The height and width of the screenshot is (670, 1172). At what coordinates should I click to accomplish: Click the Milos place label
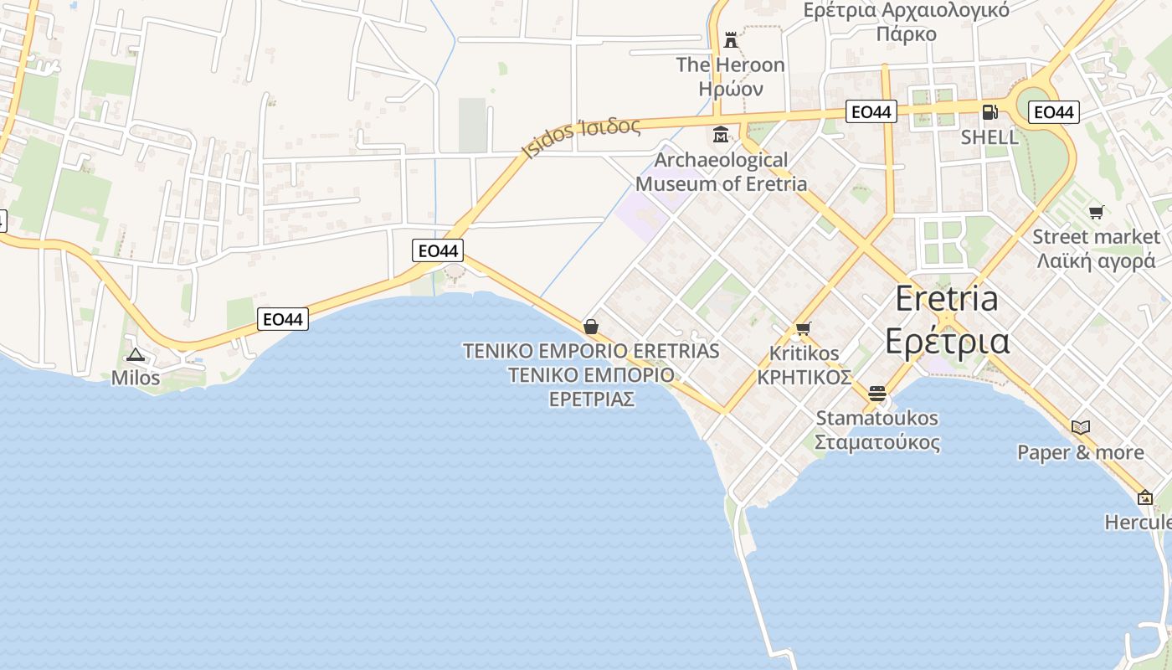pos(136,378)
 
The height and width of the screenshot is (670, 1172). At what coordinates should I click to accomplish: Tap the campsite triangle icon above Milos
pos(136,355)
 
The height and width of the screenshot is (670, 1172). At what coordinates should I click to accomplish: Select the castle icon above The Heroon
pos(731,39)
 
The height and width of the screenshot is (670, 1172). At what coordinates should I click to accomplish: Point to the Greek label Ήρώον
pos(731,89)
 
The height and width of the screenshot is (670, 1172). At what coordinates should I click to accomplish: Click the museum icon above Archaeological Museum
pos(721,134)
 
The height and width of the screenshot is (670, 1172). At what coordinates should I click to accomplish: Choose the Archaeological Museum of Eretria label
pos(722,172)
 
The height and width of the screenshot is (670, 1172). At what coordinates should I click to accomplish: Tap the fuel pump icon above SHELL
pos(990,111)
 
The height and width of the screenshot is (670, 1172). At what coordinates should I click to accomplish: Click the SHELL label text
pos(990,137)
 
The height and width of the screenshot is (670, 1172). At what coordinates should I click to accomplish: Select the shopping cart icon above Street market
pos(1096,213)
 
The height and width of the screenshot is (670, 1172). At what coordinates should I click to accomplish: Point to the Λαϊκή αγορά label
pos(1096,261)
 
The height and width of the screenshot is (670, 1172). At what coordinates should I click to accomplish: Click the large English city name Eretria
pos(947,298)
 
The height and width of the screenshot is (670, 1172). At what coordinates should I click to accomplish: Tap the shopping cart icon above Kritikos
pos(804,328)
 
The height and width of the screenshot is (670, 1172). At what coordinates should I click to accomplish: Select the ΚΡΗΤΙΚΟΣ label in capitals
pos(804,377)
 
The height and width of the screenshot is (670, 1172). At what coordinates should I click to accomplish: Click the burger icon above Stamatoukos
pos(877,393)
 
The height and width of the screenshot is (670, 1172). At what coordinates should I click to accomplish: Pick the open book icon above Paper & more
pos(1081,427)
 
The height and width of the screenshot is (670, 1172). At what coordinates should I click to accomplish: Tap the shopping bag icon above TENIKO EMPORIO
pos(591,326)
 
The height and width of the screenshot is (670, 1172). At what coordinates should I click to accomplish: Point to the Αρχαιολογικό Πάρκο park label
pos(906,23)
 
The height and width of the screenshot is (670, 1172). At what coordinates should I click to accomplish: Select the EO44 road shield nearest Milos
pos(284,318)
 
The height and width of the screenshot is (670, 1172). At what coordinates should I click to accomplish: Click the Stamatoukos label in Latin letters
pos(877,418)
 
